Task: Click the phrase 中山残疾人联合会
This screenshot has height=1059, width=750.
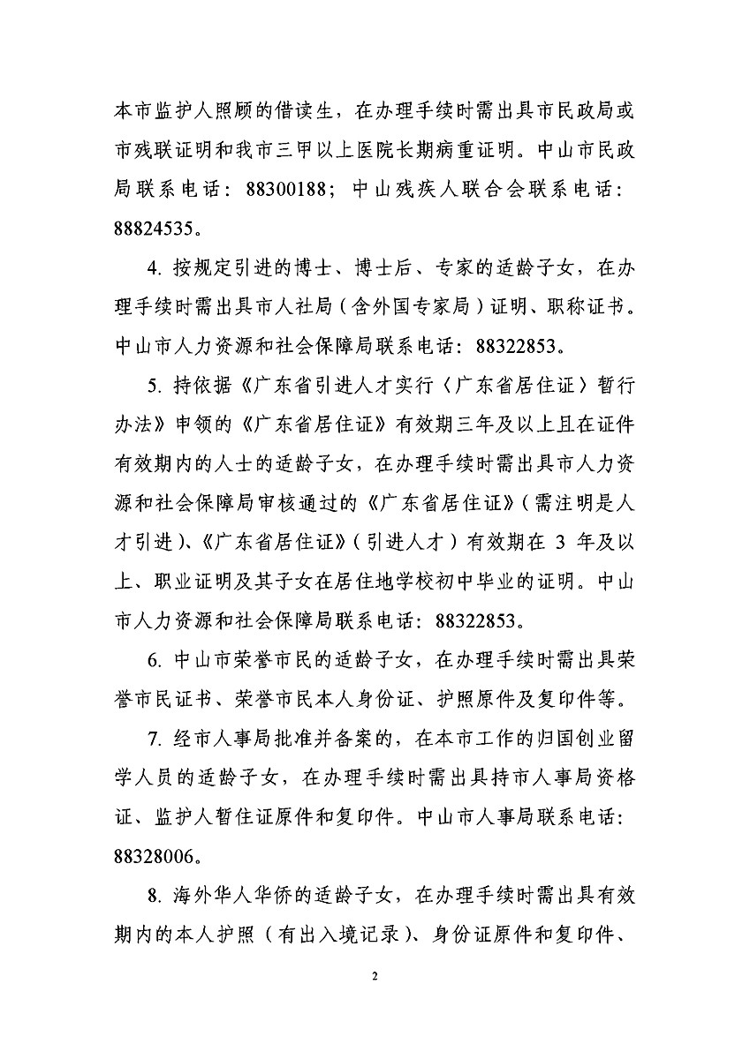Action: pyautogui.click(x=428, y=188)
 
